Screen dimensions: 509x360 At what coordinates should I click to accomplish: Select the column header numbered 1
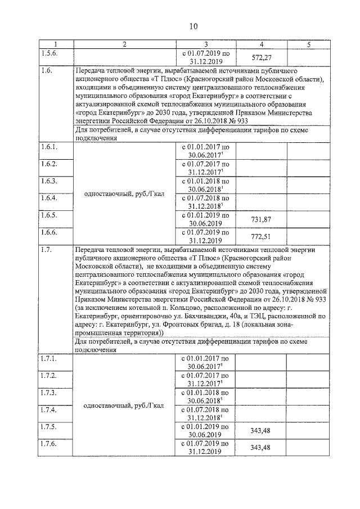coord(56,44)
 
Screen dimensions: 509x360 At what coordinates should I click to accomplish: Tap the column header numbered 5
coord(308,44)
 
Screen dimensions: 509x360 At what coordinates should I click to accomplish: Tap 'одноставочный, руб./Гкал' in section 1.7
coord(124,405)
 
